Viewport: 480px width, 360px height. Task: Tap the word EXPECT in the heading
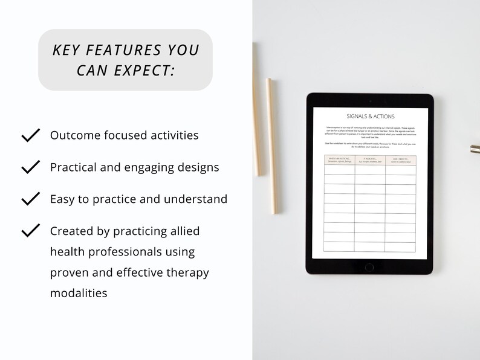pyautogui.click(x=143, y=70)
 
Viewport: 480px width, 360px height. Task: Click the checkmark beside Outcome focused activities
pyautogui.click(x=30, y=135)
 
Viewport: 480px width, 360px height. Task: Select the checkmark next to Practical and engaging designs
pyautogui.click(x=30, y=167)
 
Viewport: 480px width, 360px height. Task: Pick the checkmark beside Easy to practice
pyautogui.click(x=30, y=199)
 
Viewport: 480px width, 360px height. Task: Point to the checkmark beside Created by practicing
pyautogui.click(x=30, y=231)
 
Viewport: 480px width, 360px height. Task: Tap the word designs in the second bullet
pyautogui.click(x=196, y=167)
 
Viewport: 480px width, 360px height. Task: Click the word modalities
pyautogui.click(x=79, y=293)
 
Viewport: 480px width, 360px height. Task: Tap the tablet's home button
pyautogui.click(x=369, y=266)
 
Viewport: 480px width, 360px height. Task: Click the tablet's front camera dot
pyautogui.click(x=369, y=101)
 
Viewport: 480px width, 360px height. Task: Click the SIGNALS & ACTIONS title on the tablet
pyautogui.click(x=370, y=116)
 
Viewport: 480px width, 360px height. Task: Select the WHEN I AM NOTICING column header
pyautogui.click(x=339, y=160)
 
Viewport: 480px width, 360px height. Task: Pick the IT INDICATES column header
pyautogui.click(x=370, y=160)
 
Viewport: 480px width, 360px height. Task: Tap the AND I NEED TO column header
pyautogui.click(x=401, y=160)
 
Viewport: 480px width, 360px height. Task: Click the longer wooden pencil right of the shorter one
pyautogui.click(x=272, y=146)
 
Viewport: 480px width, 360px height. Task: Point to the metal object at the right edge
pyautogui.click(x=475, y=149)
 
